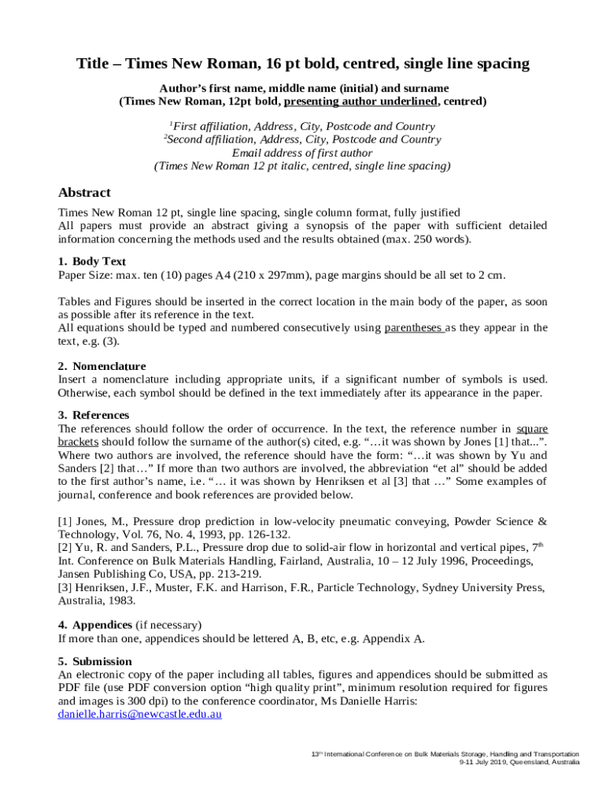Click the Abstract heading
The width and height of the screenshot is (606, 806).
[x=84, y=193]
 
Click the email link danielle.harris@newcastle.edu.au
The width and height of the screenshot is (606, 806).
[x=140, y=714]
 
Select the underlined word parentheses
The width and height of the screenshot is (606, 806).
[x=413, y=328]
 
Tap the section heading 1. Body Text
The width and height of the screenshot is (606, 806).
[x=92, y=261]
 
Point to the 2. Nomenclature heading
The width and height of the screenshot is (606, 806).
[x=102, y=366]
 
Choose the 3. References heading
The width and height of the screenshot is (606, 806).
[x=94, y=415]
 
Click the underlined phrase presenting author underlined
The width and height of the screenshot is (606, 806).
[x=360, y=102]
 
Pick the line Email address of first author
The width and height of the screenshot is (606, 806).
[x=302, y=153]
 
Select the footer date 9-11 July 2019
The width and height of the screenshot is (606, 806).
[x=481, y=763]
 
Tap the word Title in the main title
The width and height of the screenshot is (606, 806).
[x=92, y=64]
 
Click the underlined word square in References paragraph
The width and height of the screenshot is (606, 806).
[x=532, y=429]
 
